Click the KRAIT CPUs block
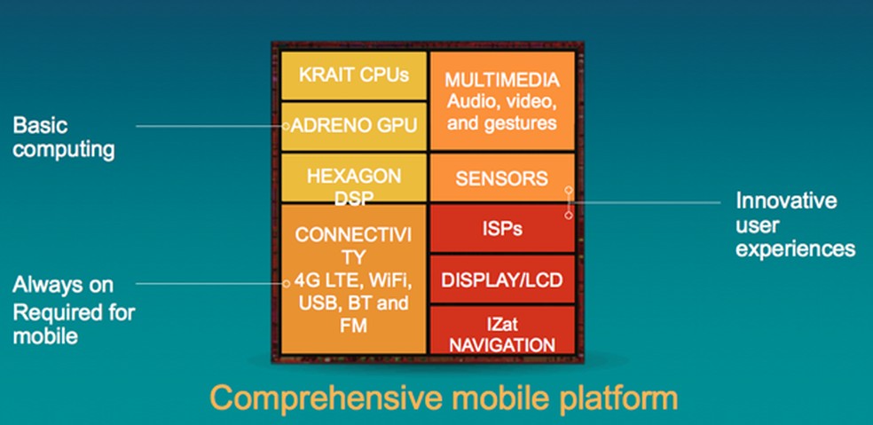coord(352,75)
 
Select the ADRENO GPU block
coord(352,126)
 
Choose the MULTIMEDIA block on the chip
coord(501,100)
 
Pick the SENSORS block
coord(501,178)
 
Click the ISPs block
coord(501,229)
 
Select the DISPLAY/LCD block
coord(501,279)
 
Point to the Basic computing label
coord(63,138)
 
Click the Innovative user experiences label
coord(794,224)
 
